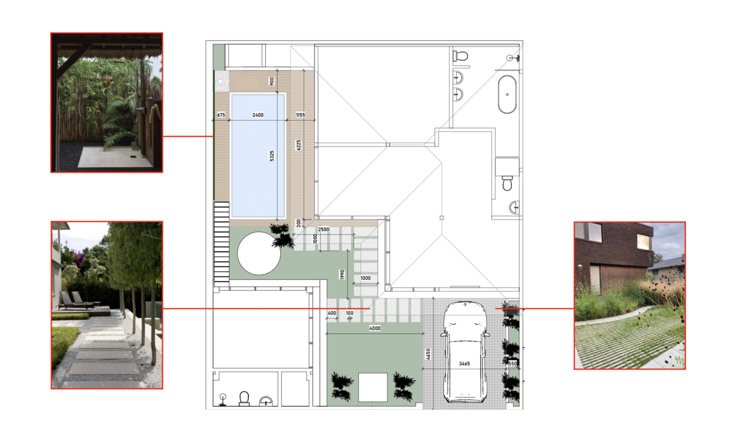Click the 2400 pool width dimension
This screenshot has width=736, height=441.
click(258, 115)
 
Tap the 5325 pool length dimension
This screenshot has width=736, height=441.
click(272, 156)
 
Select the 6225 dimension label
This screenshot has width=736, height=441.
click(299, 145)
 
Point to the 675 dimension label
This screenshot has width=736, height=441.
click(221, 115)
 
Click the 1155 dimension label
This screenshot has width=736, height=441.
click(300, 115)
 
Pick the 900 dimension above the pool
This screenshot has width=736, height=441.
click(272, 81)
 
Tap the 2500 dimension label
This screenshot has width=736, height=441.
click(324, 229)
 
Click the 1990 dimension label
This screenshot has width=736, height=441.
click(342, 274)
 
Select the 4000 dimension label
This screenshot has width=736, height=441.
click(375, 328)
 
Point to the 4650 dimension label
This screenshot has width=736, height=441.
click(428, 354)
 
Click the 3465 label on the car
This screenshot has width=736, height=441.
click(464, 364)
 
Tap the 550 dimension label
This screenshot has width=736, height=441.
click(513, 364)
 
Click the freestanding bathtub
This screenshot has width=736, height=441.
click(507, 95)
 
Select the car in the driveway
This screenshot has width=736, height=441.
click(465, 352)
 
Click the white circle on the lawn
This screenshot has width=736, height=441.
click(259, 253)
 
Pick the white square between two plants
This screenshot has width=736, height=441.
click(372, 387)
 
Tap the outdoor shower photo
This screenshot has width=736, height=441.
click(107, 102)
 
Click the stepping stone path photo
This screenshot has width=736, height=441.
click(107, 305)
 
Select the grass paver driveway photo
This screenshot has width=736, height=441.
click(630, 295)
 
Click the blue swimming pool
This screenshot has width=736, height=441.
click(258, 156)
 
